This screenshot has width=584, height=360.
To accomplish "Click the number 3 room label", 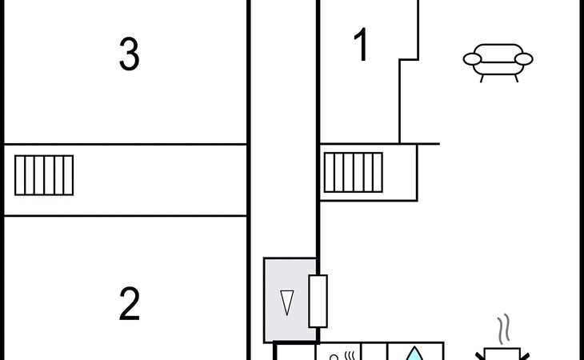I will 129,54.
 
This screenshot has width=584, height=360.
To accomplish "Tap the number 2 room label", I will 130,304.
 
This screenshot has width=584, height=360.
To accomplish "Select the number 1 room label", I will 362,46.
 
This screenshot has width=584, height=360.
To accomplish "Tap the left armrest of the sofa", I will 473,58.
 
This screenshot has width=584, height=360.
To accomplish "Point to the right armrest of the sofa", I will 523,58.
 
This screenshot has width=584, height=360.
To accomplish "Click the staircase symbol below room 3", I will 44,175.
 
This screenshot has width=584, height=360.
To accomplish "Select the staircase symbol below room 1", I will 353,172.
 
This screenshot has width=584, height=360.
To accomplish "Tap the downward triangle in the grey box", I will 286,302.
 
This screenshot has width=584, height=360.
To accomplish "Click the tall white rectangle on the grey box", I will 318,301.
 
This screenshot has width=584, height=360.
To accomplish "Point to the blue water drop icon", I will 414,354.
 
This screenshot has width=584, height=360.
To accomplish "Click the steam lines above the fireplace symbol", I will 502,329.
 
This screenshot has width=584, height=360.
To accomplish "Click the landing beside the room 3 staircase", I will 160,180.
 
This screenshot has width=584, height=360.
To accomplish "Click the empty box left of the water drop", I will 374,353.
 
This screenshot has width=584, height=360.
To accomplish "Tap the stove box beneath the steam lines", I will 502,354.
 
